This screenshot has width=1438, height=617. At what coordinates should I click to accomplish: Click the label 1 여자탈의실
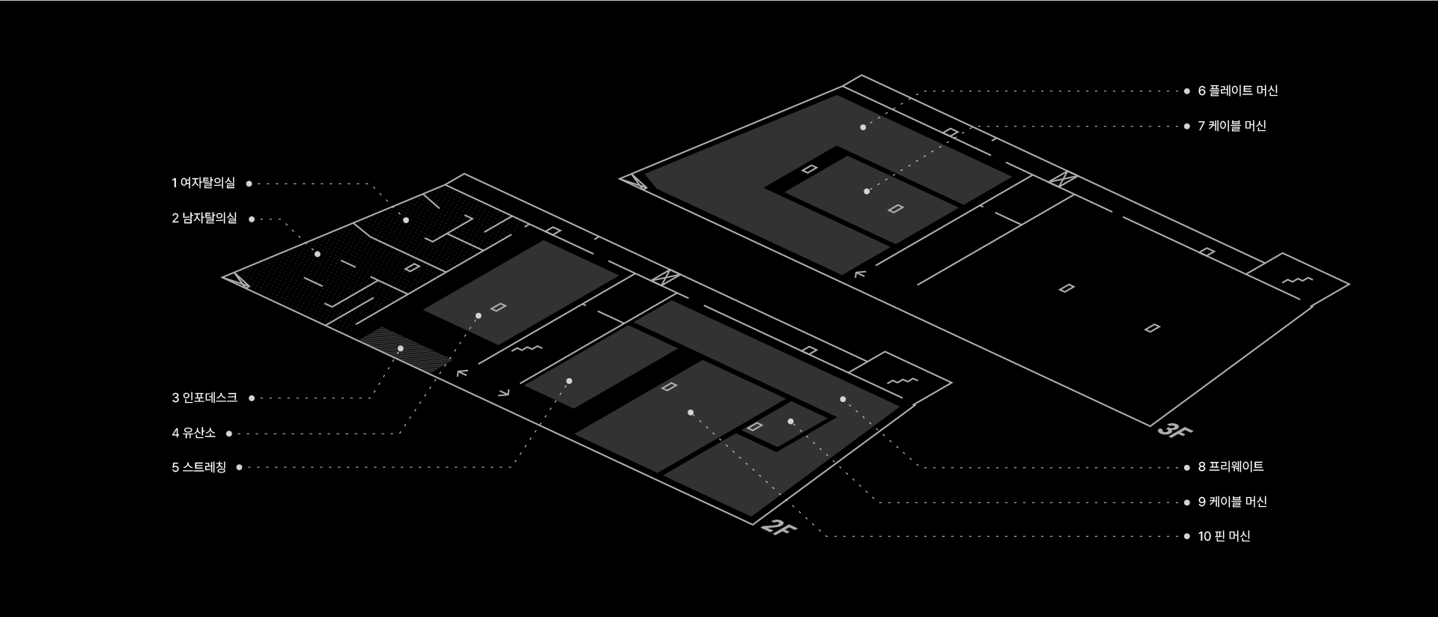pos(203,183)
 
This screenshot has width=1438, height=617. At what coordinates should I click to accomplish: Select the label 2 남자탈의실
pos(204,219)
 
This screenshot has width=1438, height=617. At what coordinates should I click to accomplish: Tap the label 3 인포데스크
pos(204,398)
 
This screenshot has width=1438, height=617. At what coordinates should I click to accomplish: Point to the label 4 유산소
pos(193,433)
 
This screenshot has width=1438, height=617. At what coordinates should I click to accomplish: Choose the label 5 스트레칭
pos(198,467)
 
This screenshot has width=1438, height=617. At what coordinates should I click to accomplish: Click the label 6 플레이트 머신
pos(1238,91)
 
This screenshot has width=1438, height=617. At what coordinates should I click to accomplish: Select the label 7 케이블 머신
pos(1232,126)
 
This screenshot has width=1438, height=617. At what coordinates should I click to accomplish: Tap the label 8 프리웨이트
pos(1231,466)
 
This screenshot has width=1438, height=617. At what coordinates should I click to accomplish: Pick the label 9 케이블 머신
pos(1232,502)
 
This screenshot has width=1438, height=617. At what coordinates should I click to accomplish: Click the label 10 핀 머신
pos(1224,536)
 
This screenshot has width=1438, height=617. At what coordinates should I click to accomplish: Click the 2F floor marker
pos(778,528)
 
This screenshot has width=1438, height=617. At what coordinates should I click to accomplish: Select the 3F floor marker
pos(1174,431)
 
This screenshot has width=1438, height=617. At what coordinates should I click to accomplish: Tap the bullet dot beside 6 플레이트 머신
pos(1186,91)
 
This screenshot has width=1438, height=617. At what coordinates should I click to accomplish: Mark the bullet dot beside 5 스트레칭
pos(239,467)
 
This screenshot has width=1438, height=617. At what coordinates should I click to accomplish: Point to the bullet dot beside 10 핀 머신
pos(1186,537)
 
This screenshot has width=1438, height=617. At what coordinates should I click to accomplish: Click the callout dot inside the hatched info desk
pos(401,348)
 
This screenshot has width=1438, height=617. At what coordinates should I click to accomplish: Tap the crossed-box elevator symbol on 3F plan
pos(1063,179)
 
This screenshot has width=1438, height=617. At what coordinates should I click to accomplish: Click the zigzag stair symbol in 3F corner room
pos(1297,280)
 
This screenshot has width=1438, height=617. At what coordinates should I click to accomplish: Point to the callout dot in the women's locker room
pos(406,220)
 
